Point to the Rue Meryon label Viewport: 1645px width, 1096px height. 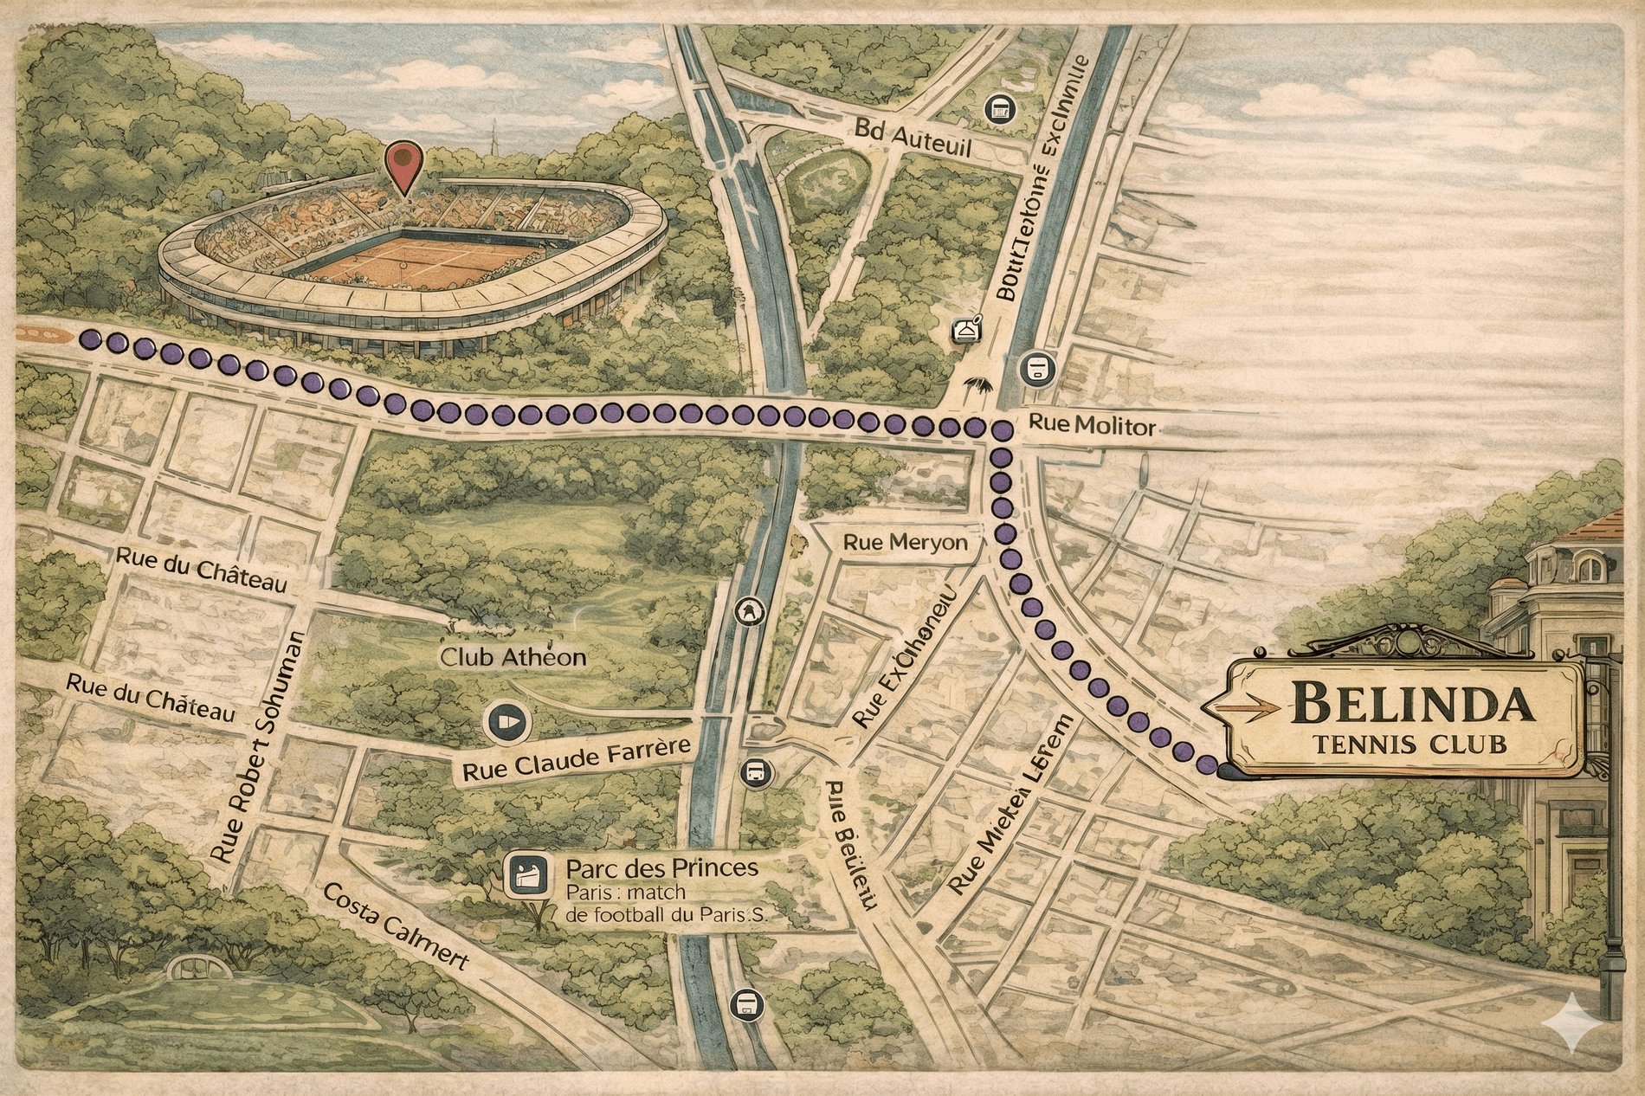tap(905, 543)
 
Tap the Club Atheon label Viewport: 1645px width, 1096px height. tap(513, 657)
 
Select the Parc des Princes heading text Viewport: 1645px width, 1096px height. tap(661, 867)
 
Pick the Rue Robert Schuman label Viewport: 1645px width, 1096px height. tap(258, 747)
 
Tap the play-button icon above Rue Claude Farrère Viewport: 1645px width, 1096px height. tap(507, 721)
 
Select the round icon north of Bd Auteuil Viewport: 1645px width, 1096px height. tap(1000, 108)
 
